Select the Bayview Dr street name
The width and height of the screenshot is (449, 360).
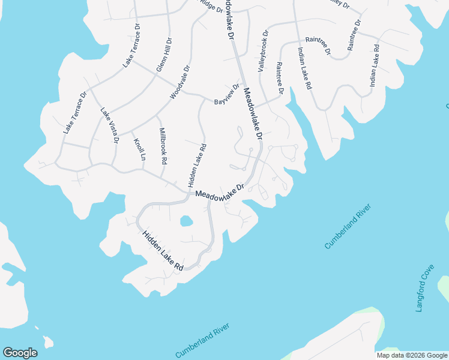click(x=227, y=95)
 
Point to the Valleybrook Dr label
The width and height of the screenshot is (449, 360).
click(x=262, y=53)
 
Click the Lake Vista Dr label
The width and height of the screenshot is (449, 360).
click(x=110, y=125)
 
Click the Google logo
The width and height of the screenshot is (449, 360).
click(x=20, y=353)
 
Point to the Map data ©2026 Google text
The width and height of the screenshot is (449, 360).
click(x=412, y=355)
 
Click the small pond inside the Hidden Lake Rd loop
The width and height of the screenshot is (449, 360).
click(x=187, y=221)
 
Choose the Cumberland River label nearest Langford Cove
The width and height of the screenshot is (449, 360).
click(x=348, y=226)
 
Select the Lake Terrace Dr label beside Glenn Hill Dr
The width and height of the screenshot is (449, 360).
click(x=131, y=45)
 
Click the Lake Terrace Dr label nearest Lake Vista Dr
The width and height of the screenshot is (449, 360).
click(x=76, y=112)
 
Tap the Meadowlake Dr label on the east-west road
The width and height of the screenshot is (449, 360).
click(x=220, y=192)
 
